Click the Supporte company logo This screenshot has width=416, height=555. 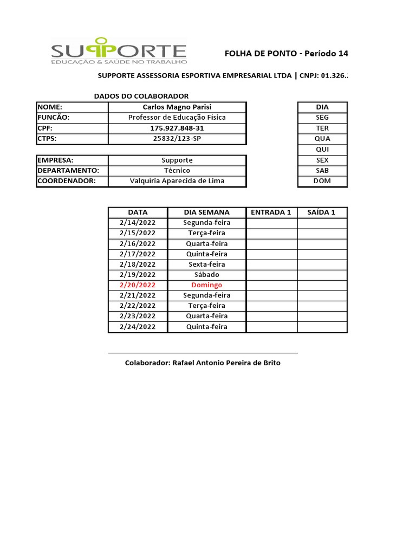119,52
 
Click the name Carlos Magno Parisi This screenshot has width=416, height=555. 177,107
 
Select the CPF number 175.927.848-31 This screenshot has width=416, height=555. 177,128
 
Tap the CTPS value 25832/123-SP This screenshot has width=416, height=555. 177,138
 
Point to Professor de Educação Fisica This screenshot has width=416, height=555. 177,117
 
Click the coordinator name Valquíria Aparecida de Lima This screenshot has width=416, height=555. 177,181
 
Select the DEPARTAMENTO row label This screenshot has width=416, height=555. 68,170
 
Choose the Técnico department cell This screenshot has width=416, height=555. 177,170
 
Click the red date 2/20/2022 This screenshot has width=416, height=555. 138,285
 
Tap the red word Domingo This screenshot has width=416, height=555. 206,285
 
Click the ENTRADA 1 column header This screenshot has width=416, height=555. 271,212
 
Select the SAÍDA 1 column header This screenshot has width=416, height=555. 322,212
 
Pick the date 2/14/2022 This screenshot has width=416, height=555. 138,222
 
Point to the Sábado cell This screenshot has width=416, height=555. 206,275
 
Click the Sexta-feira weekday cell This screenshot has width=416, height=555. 206,264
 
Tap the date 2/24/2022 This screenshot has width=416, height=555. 138,327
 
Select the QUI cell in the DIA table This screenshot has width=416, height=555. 322,149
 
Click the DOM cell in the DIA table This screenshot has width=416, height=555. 322,181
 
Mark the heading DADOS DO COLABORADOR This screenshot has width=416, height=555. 141,96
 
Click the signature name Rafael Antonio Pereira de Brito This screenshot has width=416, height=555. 203,363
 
